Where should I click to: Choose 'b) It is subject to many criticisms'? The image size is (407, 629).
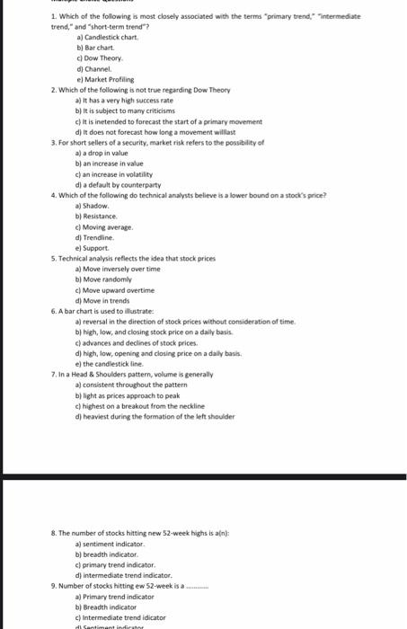pos(135,111)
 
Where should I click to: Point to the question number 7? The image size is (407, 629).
pos(55,374)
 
